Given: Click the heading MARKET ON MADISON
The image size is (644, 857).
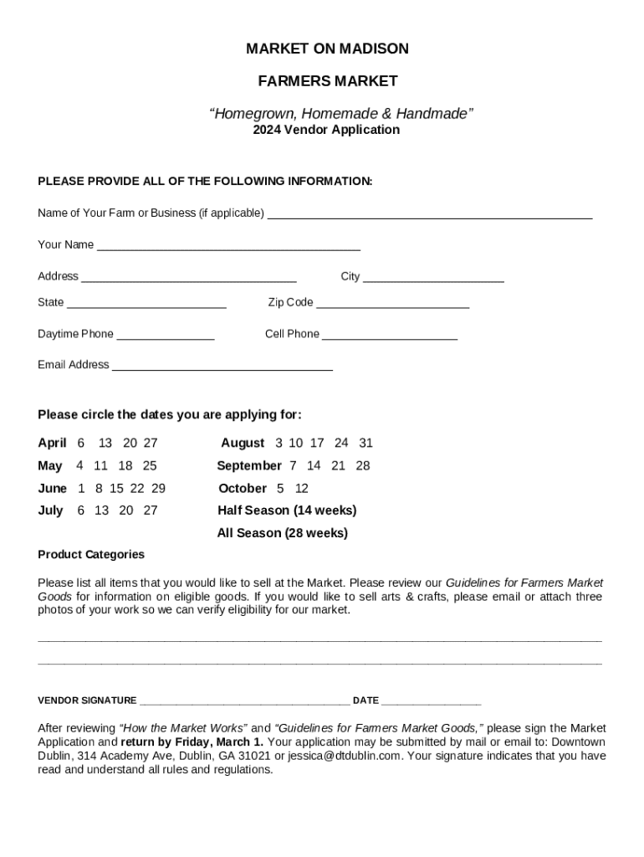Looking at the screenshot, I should click(327, 49).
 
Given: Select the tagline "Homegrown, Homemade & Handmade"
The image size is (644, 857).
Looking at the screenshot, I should click(341, 113).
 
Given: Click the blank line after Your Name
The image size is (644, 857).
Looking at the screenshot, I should click(227, 244).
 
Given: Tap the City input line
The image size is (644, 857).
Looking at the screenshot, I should click(433, 276).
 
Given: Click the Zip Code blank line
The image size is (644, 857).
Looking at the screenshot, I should click(392, 302).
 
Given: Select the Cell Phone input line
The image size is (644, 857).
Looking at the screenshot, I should click(390, 334).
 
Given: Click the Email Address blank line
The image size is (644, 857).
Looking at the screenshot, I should click(222, 365).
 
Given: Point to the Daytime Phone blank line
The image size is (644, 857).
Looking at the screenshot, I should click(166, 334).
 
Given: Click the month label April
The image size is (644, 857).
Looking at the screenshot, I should click(52, 443).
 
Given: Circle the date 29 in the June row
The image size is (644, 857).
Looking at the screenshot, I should click(158, 488).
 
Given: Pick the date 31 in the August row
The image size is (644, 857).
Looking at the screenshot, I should click(365, 443).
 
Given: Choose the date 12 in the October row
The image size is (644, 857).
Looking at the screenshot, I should click(302, 488).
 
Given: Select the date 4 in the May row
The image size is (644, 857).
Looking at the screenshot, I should click(79, 465).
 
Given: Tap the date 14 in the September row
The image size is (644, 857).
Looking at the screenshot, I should click(314, 465).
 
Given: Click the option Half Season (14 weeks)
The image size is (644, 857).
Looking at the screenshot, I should click(287, 511).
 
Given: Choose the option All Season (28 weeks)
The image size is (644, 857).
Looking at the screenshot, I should click(282, 533).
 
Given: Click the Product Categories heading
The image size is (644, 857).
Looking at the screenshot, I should click(91, 555).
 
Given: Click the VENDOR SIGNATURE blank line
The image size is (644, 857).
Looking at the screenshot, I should click(244, 700).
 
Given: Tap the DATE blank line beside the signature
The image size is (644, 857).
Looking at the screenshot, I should click(431, 700).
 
